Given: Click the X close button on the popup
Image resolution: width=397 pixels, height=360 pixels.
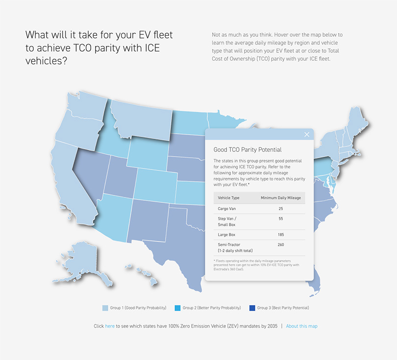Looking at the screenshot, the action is (x=307, y=135).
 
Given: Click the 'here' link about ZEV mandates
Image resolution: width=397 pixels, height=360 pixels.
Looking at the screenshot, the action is (x=110, y=326).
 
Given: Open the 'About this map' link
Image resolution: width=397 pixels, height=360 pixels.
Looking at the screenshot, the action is (x=301, y=326).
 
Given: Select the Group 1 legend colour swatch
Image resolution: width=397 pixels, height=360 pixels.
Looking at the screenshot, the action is (x=105, y=308).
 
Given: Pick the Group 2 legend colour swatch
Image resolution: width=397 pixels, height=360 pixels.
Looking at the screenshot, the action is (x=177, y=308).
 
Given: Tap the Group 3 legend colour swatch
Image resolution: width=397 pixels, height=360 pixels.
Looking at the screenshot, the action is (x=252, y=308).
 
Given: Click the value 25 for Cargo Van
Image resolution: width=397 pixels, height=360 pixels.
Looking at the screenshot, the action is (x=280, y=209).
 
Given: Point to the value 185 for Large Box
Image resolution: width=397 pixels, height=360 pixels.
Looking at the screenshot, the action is (x=280, y=235).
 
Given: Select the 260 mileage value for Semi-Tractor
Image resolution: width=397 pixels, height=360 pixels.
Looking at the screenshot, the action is (x=280, y=244).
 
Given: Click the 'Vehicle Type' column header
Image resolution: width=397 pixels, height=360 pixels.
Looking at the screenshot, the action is (x=228, y=198).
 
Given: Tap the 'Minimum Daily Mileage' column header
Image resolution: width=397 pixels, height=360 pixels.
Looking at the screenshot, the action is (x=280, y=198).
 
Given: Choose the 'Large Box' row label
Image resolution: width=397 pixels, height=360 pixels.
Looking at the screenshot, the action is (x=226, y=235).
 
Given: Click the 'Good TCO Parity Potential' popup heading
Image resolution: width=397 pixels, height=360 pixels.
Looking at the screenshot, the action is (x=248, y=150).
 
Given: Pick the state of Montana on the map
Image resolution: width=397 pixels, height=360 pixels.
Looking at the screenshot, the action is (x=142, y=120).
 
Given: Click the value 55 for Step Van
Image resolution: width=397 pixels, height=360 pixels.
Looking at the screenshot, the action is (x=280, y=219).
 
